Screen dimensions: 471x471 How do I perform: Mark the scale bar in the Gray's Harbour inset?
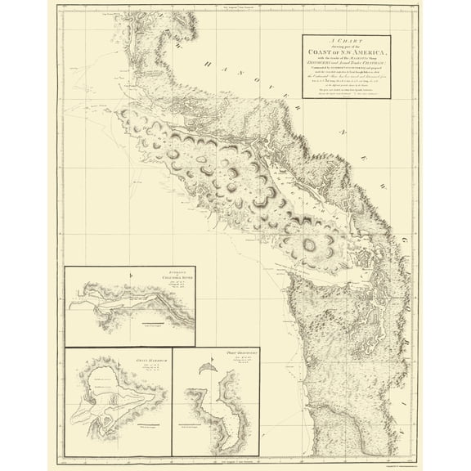click(147, 427)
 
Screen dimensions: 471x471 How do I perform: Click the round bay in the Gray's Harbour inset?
click(105, 379)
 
